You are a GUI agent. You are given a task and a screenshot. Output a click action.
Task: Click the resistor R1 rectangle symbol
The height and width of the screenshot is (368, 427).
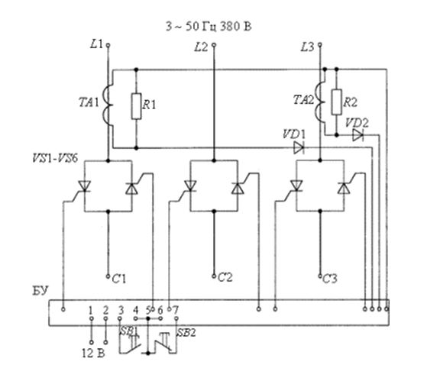(x=136, y=106)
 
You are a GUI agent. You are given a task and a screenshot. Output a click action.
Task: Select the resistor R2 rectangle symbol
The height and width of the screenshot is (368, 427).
(x=337, y=102)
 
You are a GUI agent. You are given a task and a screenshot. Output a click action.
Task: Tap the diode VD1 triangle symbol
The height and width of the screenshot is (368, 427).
(x=299, y=148)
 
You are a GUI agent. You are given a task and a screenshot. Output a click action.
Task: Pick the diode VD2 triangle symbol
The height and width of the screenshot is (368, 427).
(x=357, y=135)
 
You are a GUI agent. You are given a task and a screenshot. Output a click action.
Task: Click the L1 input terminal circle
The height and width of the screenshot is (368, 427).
(x=108, y=45)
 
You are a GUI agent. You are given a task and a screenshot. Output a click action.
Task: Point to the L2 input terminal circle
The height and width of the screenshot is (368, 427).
(x=214, y=44)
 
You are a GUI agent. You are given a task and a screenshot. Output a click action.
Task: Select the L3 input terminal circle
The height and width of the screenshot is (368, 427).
(x=320, y=44)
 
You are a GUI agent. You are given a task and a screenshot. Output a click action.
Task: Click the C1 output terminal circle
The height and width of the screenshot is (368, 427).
(x=108, y=276)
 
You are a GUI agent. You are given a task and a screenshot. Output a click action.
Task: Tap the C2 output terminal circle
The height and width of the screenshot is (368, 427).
(x=214, y=276)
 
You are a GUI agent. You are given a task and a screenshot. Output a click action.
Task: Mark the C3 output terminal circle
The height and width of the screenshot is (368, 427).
(x=320, y=276)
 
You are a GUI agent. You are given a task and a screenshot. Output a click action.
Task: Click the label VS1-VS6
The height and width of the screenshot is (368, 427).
(x=55, y=158)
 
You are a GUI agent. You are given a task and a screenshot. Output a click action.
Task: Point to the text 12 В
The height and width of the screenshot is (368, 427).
(x=93, y=353)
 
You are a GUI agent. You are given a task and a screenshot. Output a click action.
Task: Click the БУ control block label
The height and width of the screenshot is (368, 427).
(x=40, y=291)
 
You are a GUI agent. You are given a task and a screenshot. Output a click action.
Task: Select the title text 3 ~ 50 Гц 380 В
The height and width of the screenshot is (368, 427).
(x=209, y=27)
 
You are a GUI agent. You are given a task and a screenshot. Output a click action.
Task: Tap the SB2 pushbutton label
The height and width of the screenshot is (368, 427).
(x=186, y=333)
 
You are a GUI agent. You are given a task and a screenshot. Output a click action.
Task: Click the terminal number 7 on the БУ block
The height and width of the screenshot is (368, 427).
(x=176, y=310)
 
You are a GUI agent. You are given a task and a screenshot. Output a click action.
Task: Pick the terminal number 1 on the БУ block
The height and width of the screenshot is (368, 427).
(x=91, y=310)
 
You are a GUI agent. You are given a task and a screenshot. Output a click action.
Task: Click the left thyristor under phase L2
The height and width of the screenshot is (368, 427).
(x=190, y=186)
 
